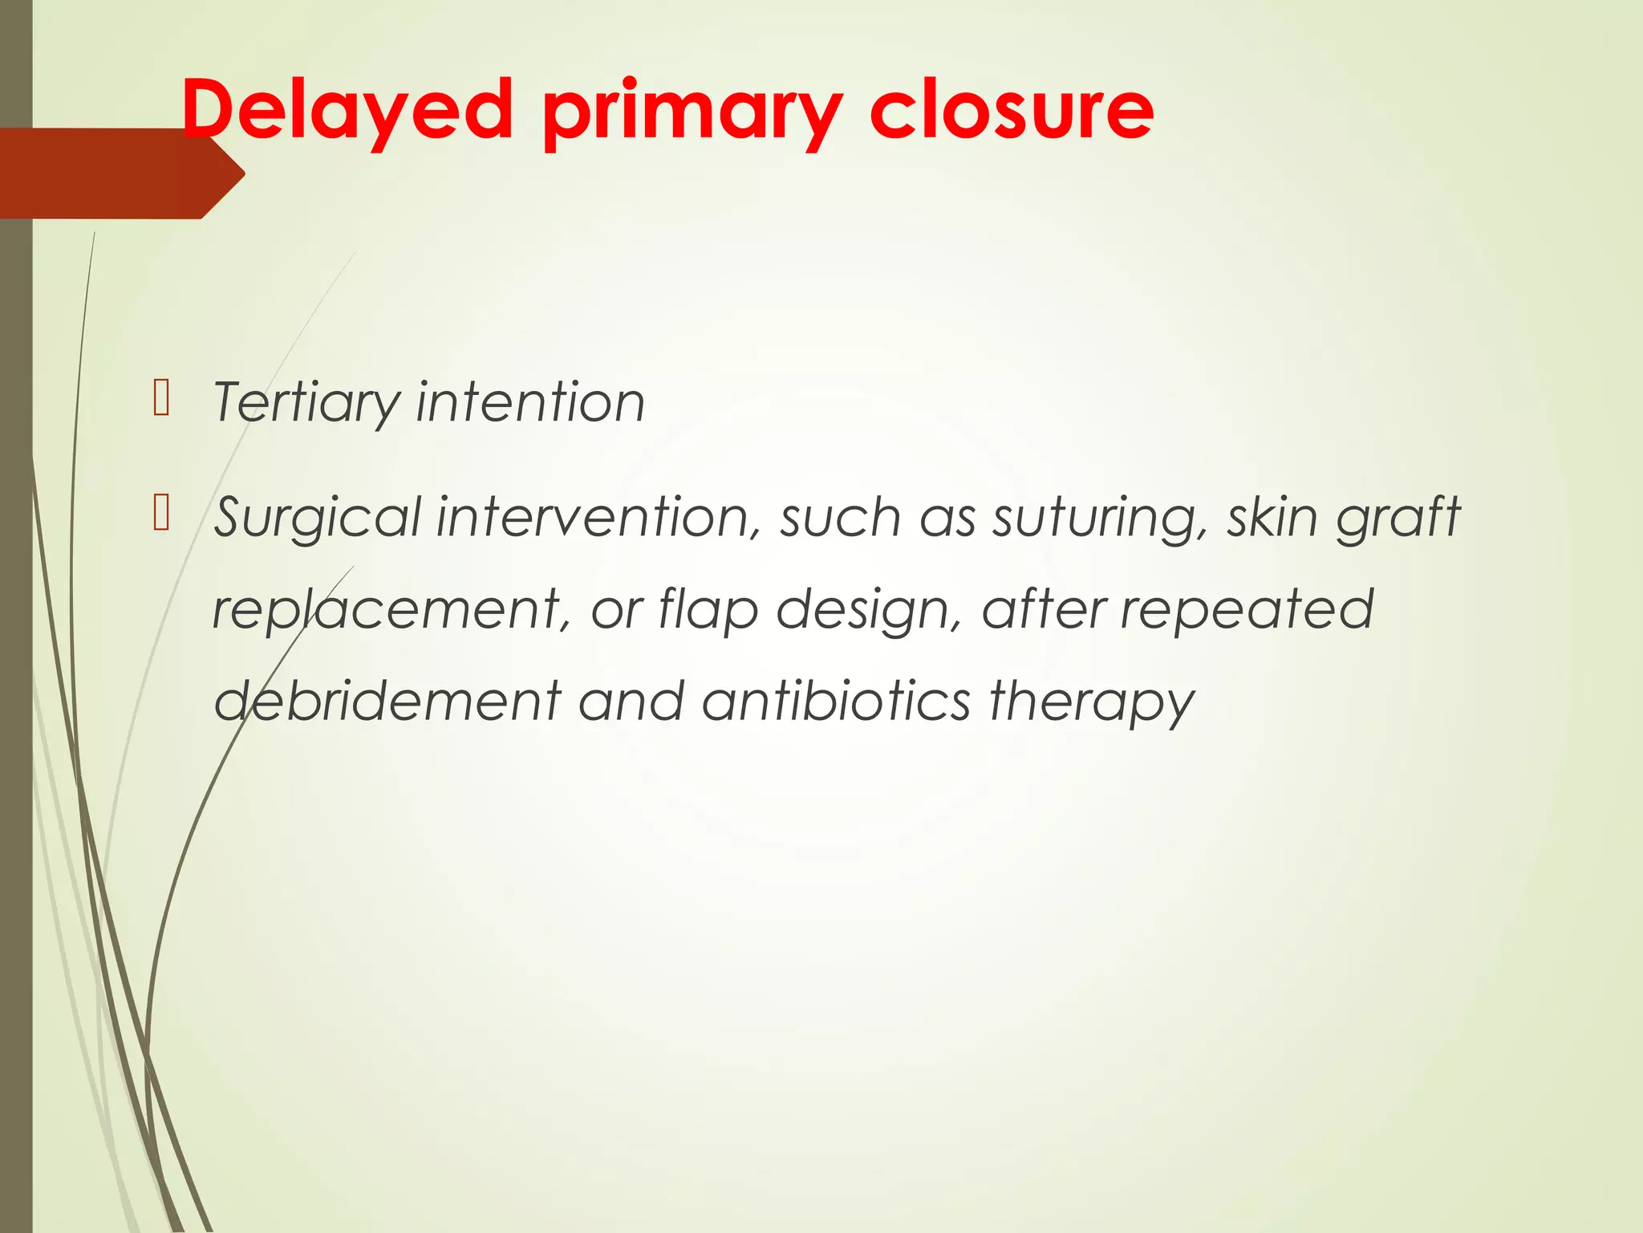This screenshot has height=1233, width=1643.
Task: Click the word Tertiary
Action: [x=305, y=403]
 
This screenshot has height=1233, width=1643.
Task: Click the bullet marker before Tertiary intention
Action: [x=161, y=399]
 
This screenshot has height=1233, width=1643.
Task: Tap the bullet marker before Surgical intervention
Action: [x=161, y=514]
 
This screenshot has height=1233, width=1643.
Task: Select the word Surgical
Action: [x=317, y=519]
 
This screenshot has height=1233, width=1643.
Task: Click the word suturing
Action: [x=1099, y=519]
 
